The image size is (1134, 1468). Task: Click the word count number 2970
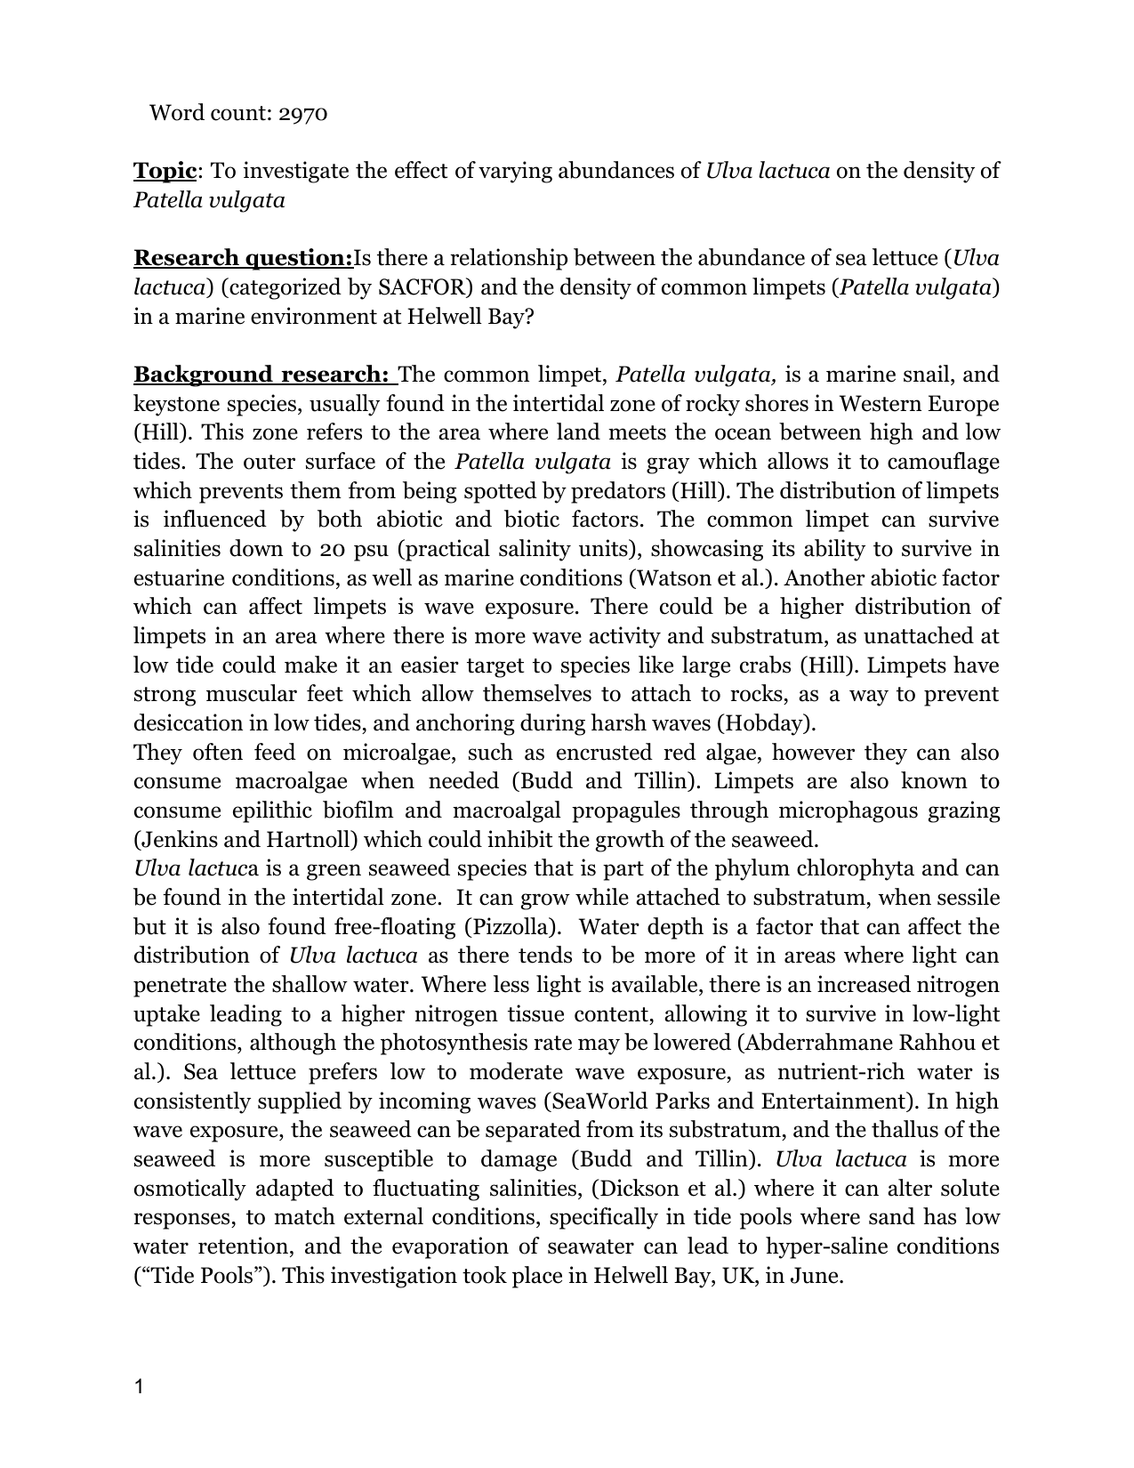pos(303,113)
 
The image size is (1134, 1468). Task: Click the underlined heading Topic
pos(165,171)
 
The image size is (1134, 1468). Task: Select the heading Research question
pos(243,258)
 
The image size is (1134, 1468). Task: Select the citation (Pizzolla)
pos(512,927)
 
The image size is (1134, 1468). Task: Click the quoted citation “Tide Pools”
pos(204,1276)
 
